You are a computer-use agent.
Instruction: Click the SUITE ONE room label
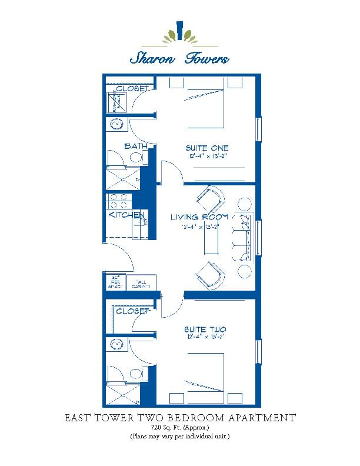(207, 148)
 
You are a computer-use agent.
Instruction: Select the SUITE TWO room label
(206, 329)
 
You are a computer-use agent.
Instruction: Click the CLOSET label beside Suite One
(133, 89)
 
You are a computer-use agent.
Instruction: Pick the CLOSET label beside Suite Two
(133, 311)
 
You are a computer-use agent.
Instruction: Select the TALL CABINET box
(139, 284)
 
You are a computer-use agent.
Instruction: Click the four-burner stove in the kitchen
(118, 202)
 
